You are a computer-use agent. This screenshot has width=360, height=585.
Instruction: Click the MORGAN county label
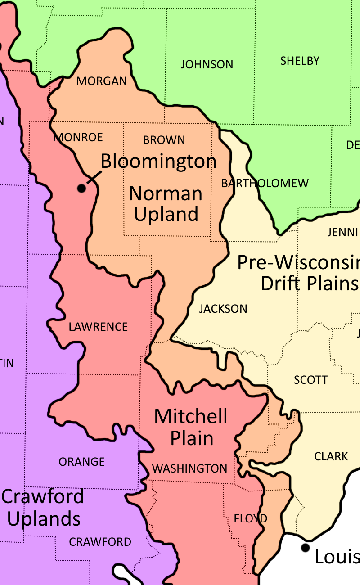point(102,81)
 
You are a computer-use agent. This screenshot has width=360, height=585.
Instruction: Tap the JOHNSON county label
point(207,65)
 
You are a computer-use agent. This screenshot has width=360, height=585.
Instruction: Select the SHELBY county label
point(300,61)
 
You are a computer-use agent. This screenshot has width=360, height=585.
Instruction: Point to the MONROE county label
point(78,138)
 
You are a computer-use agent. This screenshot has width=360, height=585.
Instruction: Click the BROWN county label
point(164,140)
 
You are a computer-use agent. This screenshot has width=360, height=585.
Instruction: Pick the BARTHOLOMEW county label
point(265,184)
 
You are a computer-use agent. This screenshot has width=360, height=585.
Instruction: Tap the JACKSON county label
point(223,309)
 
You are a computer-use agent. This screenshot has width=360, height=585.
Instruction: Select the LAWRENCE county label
point(98,327)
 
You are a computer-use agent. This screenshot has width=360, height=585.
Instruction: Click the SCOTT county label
point(310,380)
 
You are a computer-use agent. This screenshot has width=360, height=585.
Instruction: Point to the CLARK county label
point(331,457)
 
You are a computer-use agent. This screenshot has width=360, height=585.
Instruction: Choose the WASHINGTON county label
point(189,469)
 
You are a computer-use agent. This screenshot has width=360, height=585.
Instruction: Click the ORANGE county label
point(81,462)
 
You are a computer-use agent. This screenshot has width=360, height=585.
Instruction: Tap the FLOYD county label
point(251,519)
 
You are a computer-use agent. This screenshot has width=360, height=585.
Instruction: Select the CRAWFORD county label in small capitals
point(100,542)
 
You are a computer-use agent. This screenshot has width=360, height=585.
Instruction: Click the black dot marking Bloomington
point(81,188)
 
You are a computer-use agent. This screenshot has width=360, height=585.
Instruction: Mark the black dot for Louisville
point(306,548)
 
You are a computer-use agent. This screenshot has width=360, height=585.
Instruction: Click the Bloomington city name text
point(158,161)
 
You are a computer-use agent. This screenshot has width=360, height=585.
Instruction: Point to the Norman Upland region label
point(166,204)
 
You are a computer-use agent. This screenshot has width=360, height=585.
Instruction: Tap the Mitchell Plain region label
point(191,427)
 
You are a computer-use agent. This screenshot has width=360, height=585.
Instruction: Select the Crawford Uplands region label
point(43,508)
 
